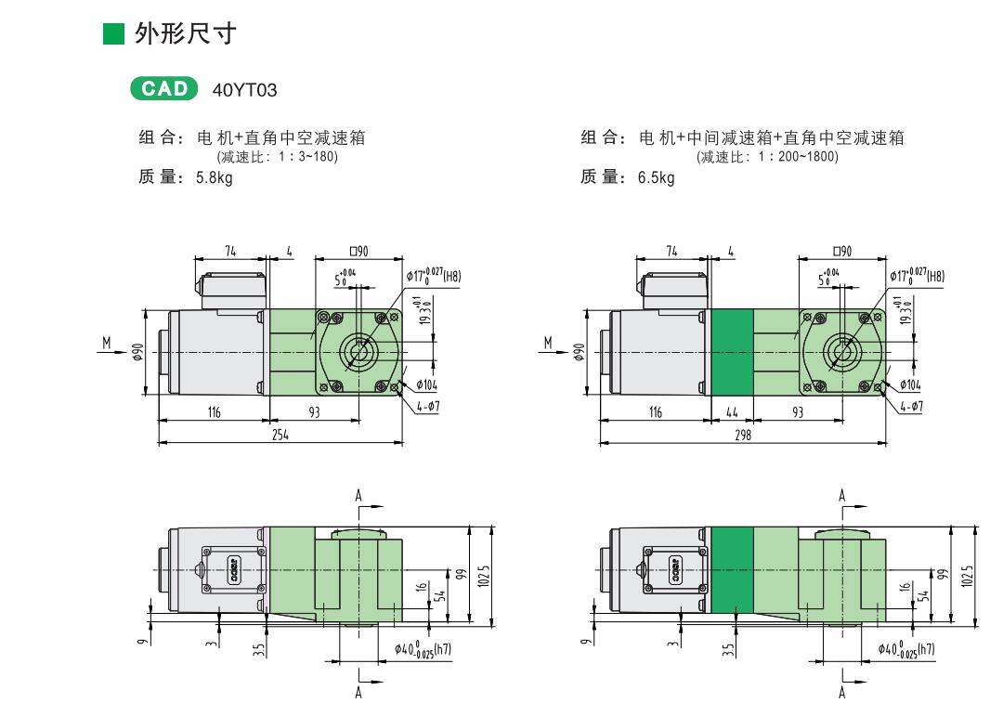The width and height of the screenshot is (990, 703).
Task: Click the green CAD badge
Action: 165,89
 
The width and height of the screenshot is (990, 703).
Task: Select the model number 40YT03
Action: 245,90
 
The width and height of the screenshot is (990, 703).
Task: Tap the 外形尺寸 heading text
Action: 186,35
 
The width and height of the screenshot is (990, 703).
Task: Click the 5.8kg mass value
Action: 214,178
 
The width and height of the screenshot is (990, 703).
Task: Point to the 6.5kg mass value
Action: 656,178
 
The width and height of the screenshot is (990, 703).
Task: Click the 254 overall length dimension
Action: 280,435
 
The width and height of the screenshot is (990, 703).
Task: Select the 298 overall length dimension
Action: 742,435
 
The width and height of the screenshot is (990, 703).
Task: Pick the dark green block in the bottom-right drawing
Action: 732,569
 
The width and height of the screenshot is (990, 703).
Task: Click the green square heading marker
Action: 112,35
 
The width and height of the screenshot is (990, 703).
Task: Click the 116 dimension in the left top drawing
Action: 214,412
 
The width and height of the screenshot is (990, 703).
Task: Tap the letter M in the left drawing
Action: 107,344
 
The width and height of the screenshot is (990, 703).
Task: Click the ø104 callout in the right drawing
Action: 909,384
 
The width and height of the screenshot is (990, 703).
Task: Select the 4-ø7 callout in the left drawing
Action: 427,407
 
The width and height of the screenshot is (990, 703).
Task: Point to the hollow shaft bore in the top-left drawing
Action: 358,351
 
